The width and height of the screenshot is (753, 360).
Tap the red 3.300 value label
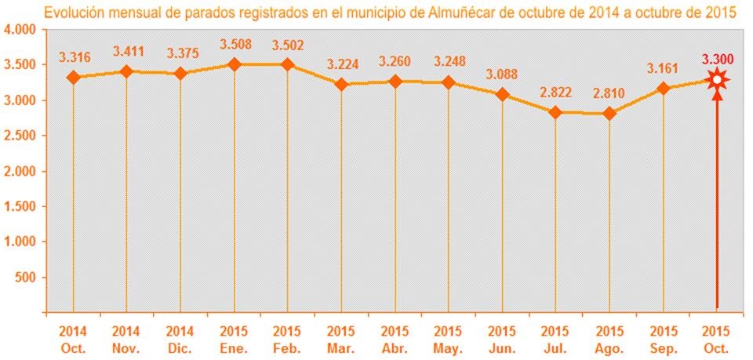tap(716, 59)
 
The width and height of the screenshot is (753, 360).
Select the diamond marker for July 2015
tap(555, 112)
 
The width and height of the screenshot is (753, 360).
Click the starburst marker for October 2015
tap(716, 79)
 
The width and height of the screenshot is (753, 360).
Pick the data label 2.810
tap(609, 94)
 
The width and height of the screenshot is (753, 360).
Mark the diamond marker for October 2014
tap(73, 78)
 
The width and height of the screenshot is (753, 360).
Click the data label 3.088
tap(502, 75)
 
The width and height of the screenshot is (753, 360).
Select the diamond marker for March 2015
tap(341, 84)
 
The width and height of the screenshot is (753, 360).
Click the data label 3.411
tap(127, 52)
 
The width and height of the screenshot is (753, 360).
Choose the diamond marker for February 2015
tap(287, 64)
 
